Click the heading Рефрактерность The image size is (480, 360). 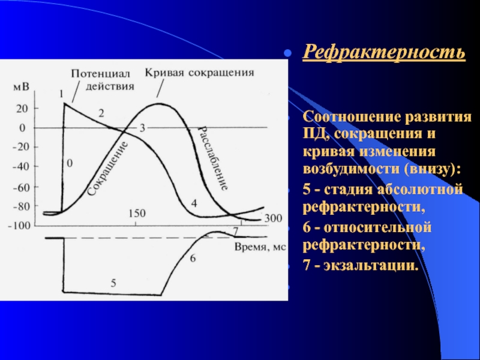pyautogui.click(x=384, y=52)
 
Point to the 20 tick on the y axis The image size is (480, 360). pyautogui.click(x=22, y=109)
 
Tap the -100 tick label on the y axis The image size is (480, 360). pyautogui.click(x=19, y=226)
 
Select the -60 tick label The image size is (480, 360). pyautogui.click(x=21, y=187)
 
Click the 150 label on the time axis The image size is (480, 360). pyautogui.click(x=137, y=214)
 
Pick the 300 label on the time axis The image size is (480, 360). pyautogui.click(x=273, y=218)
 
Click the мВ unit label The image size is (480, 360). pyautogui.click(x=21, y=87)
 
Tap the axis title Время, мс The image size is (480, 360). pyautogui.click(x=260, y=247)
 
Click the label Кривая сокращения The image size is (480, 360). pyautogui.click(x=199, y=73)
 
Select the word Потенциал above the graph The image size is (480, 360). pyautogui.click(x=101, y=74)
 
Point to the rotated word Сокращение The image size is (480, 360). pyautogui.click(x=107, y=169)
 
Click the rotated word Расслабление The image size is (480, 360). pyautogui.click(x=214, y=158)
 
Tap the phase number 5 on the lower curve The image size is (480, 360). pyautogui.click(x=113, y=283)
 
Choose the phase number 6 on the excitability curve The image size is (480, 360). pyautogui.click(x=193, y=259)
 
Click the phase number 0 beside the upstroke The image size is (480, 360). pyautogui.click(x=70, y=163)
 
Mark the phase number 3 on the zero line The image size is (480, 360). pyautogui.click(x=142, y=128)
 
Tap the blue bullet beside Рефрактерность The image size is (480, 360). pyautogui.click(x=287, y=53)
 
